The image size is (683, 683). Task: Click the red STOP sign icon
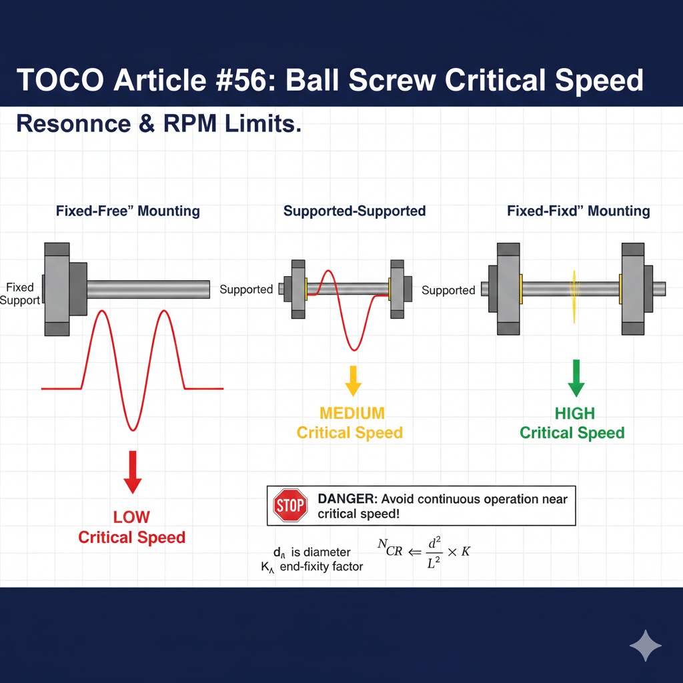290,506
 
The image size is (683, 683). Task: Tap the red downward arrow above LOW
133,472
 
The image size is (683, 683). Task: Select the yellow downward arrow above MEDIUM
353,380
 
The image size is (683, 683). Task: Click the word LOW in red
131,517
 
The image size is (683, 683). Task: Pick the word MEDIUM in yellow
352,413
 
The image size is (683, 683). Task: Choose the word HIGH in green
574,414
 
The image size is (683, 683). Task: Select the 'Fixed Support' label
20,293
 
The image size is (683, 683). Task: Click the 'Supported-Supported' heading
354,211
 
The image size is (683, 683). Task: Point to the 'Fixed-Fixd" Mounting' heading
578,211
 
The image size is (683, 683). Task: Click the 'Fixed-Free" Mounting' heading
128,211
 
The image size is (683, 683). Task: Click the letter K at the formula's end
466,552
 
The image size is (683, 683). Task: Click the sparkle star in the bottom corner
646,646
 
